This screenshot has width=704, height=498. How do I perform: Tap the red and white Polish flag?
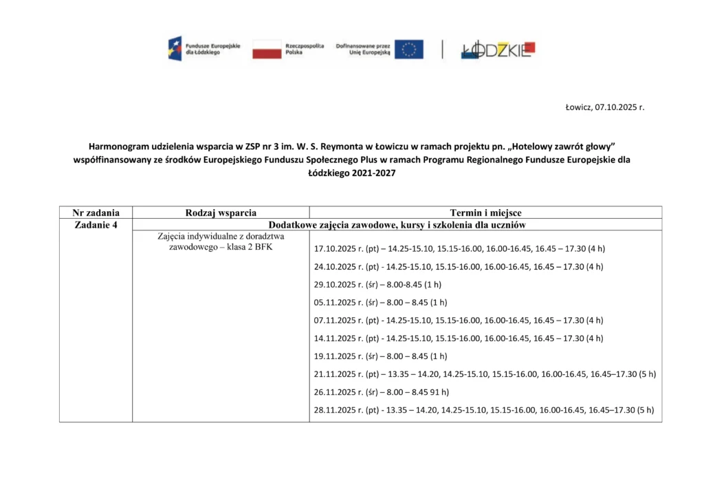267,49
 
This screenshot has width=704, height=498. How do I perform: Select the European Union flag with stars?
408,49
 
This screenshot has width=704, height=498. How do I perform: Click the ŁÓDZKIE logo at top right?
498,49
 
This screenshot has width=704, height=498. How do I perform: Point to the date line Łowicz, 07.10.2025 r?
604,107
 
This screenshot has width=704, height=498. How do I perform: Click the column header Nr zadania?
96,213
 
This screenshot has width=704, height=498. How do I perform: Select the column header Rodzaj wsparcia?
221,213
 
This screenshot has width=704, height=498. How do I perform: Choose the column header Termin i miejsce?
485,213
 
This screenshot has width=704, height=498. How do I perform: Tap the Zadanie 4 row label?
96,224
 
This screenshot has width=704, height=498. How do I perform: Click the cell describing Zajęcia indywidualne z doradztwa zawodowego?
221,241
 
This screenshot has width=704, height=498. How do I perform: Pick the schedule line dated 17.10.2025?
459,248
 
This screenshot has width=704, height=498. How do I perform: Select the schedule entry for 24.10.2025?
459,266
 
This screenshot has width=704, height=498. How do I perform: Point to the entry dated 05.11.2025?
380,302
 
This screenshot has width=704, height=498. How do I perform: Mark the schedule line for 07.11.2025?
459,320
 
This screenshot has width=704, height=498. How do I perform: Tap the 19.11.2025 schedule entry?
380,356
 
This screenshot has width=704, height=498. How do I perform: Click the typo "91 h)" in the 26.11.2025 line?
437,392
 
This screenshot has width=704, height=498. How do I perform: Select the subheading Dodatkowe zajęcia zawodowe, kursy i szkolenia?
397,224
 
